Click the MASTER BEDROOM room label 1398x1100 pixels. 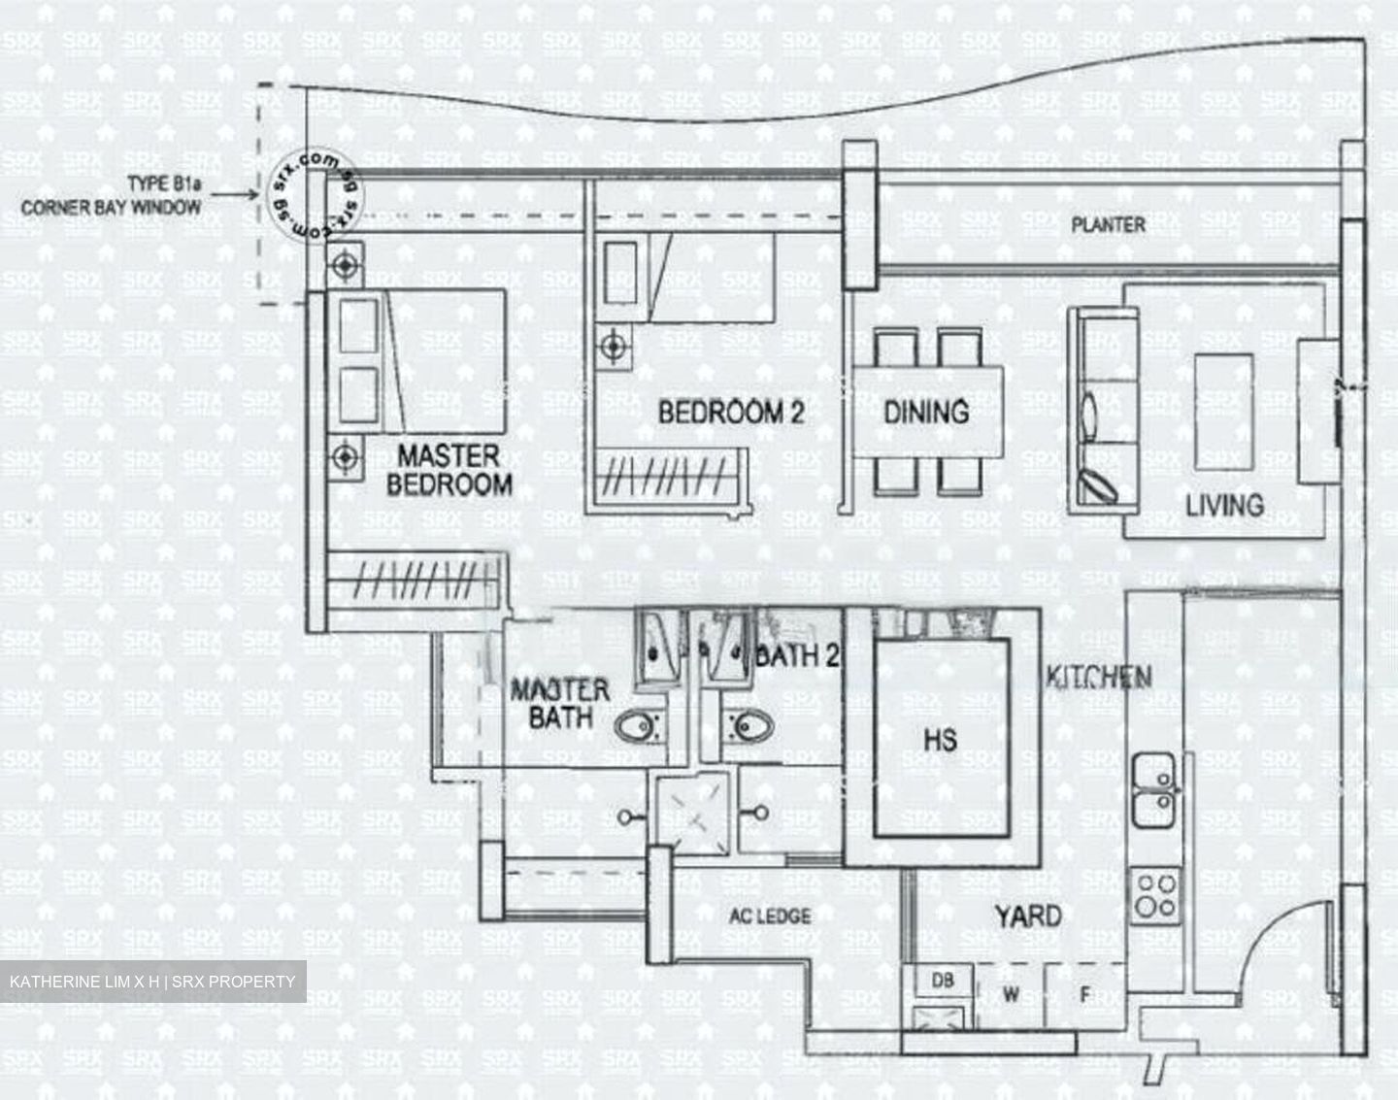pyautogui.click(x=449, y=470)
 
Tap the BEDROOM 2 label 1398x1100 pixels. pyautogui.click(x=731, y=412)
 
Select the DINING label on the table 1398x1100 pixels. pyautogui.click(x=926, y=412)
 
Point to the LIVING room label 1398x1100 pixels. pyautogui.click(x=1224, y=505)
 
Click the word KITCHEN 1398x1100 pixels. pyautogui.click(x=1099, y=677)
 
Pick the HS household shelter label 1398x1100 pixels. pyautogui.click(x=940, y=740)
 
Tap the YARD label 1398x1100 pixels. pyautogui.click(x=1028, y=916)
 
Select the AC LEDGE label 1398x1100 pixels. pyautogui.click(x=770, y=916)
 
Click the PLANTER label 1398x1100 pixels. pyautogui.click(x=1108, y=225)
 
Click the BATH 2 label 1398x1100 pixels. pyautogui.click(x=797, y=656)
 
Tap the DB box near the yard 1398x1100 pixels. pyautogui.click(x=942, y=982)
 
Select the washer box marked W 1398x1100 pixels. pyautogui.click(x=1011, y=994)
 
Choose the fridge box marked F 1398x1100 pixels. pyautogui.click(x=1085, y=994)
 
